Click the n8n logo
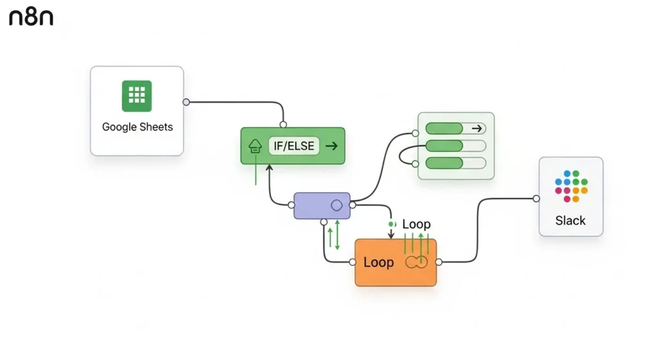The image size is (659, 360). tap(31, 17)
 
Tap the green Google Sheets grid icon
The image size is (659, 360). tap(136, 96)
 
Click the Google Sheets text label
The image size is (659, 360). tap(137, 127)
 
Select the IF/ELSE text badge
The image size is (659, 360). tap(293, 146)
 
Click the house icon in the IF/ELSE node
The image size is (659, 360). tap(255, 147)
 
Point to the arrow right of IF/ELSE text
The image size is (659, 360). tap(331, 146)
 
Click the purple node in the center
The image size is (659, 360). tap(322, 205)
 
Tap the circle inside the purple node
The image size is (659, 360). tap(336, 205)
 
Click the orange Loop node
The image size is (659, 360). tap(395, 262)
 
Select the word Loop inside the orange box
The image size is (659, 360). tap(378, 262)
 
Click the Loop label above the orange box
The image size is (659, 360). tap(416, 224)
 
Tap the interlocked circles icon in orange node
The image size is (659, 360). tap(416, 262)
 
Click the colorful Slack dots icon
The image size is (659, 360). tap(571, 186)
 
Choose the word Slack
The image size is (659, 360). tap(570, 220)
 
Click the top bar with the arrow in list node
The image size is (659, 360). tap(456, 128)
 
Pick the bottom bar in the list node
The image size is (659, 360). tap(456, 163)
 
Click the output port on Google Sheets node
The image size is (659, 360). tap(186, 102)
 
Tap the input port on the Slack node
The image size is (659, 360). tap(536, 198)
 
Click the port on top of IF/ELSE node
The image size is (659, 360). tap(283, 124)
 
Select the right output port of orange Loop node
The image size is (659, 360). tap(439, 262)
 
